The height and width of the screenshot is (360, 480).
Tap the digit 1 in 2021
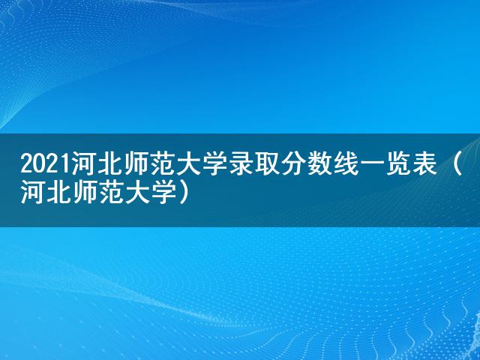65,165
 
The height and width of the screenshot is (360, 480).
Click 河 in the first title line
85,164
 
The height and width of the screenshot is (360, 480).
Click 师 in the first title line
136,164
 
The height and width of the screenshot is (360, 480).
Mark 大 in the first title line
189,164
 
